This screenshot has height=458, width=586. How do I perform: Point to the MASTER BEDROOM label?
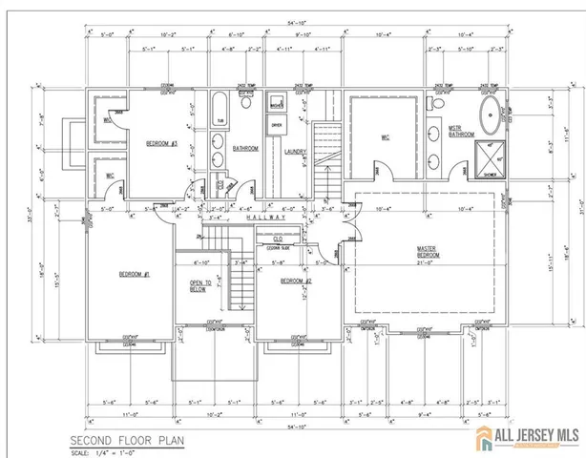click(427, 253)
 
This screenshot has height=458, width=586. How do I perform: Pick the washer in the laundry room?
click(277, 104)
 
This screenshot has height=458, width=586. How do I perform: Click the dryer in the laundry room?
click(277, 125)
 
